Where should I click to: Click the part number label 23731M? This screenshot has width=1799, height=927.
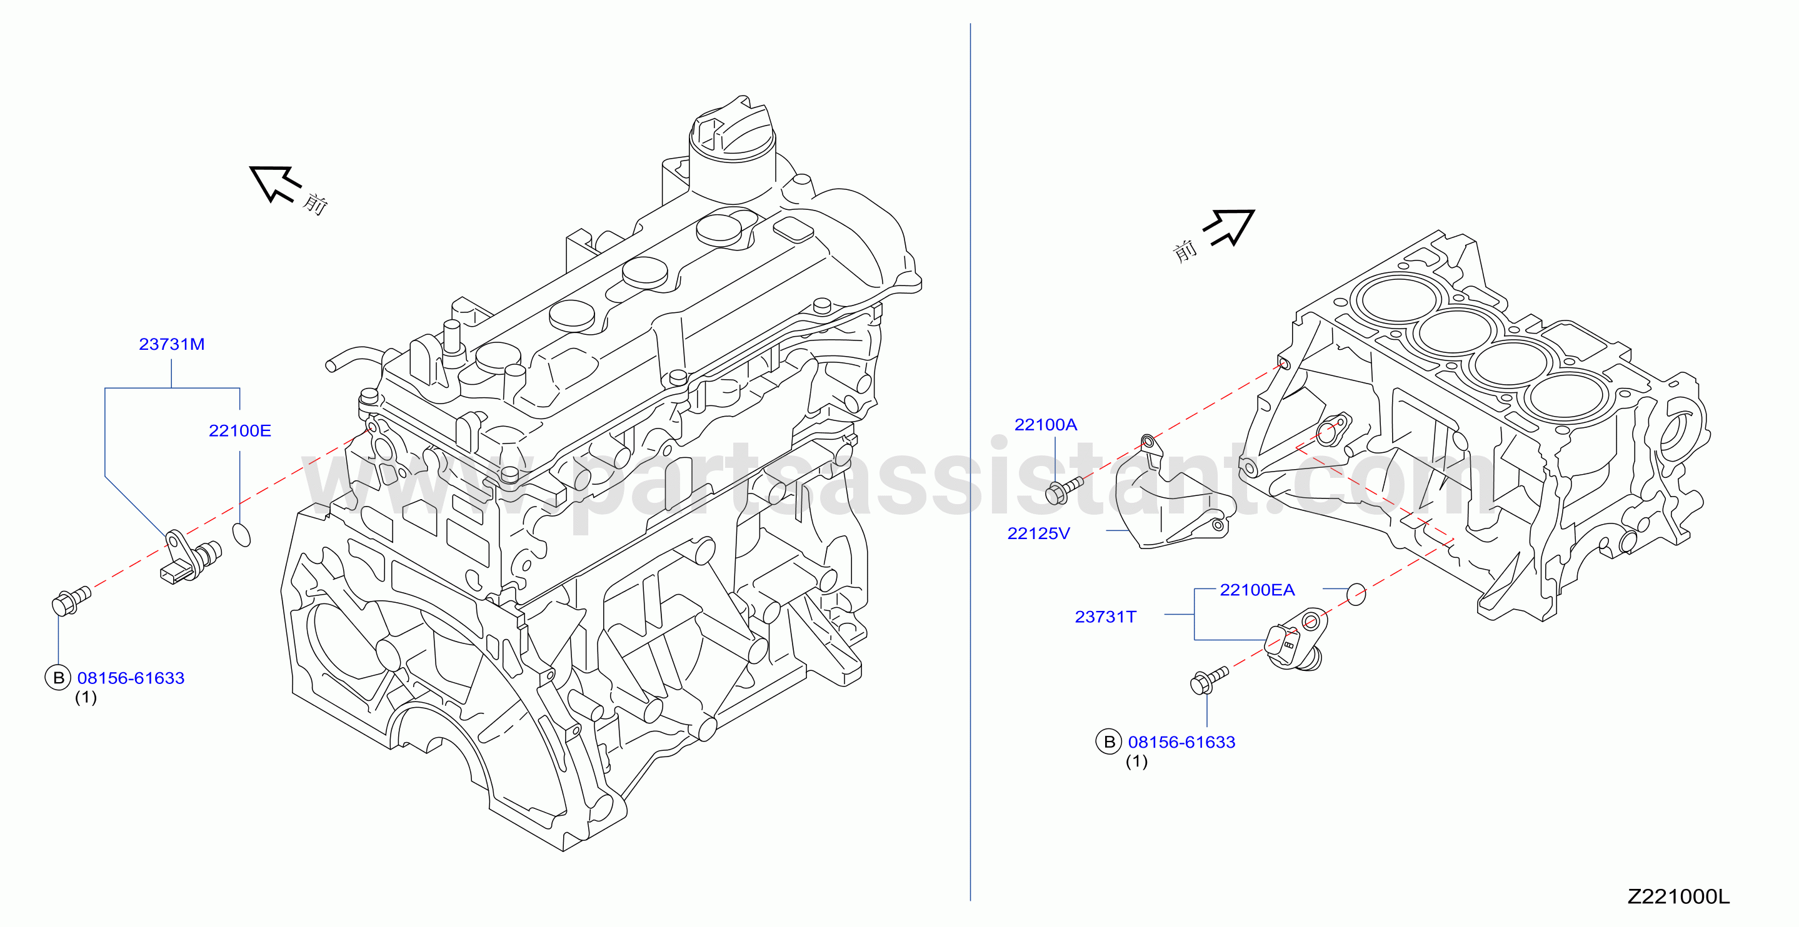(x=172, y=344)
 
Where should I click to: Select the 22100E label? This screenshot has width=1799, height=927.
(x=239, y=430)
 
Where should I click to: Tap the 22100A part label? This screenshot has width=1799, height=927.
(x=1046, y=424)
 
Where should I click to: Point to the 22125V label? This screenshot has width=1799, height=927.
(x=1038, y=533)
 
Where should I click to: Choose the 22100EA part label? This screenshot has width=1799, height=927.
(x=1257, y=590)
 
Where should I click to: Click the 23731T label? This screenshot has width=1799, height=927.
(x=1106, y=617)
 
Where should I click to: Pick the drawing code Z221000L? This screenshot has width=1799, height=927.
(x=1679, y=897)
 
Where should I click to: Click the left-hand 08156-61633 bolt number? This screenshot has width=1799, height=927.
(x=131, y=678)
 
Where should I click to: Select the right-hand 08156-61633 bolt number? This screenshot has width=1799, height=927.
(x=1181, y=742)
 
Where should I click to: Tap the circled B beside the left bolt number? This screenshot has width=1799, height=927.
(x=58, y=678)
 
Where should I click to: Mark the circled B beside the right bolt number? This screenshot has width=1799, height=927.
(x=1109, y=742)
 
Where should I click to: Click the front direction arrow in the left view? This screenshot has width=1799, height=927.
(x=275, y=184)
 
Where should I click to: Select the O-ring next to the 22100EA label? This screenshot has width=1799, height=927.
(x=1356, y=594)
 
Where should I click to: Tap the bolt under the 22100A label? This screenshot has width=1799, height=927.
(x=1064, y=489)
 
